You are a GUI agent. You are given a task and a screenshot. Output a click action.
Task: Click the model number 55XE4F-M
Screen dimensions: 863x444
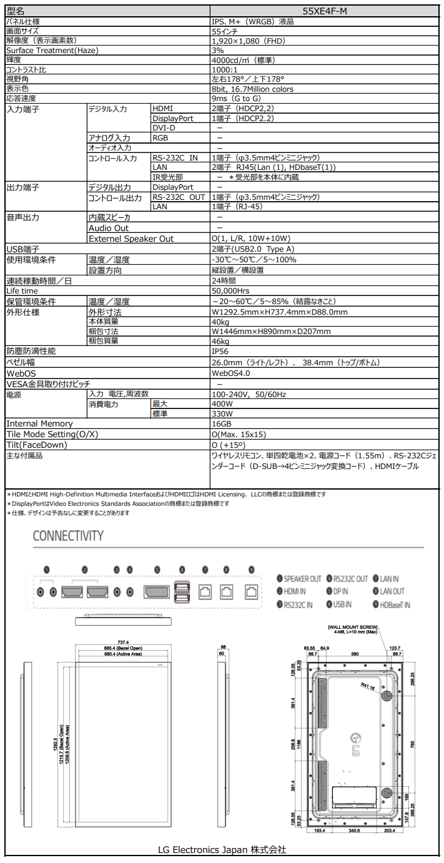click(325, 11)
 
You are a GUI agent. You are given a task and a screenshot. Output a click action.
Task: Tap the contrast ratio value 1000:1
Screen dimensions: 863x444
click(225, 70)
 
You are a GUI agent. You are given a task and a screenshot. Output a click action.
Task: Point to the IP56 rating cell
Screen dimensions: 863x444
click(222, 352)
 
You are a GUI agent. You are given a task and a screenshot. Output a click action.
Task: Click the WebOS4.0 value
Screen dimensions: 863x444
click(231, 373)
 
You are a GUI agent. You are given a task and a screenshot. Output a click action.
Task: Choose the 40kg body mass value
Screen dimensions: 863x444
click(220, 322)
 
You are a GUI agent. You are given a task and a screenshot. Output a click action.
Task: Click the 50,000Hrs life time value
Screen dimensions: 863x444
click(230, 291)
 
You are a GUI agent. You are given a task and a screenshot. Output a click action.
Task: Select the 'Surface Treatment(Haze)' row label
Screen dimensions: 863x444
click(52, 51)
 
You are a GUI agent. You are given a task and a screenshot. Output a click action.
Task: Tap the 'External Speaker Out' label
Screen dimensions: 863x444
click(131, 239)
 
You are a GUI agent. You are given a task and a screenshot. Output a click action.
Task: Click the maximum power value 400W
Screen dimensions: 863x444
click(222, 404)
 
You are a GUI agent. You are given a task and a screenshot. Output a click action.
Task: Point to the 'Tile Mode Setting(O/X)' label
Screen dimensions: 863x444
click(52, 435)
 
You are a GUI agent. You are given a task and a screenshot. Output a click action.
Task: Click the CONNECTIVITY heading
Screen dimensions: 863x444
click(68, 536)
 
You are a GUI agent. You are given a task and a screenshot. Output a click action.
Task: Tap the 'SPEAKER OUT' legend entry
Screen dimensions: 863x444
click(302, 579)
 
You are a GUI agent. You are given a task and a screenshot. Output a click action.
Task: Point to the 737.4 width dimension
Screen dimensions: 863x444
click(123, 643)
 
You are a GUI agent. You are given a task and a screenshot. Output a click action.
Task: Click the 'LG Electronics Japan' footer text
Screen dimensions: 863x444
click(222, 850)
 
